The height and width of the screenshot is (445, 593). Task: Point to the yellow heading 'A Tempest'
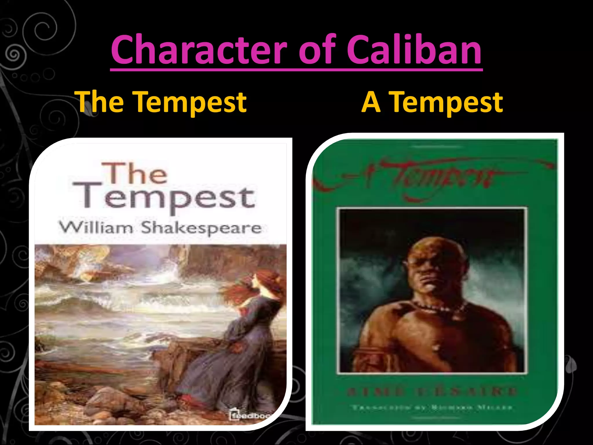tap(432, 102)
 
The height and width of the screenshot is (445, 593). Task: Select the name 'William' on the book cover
tap(96, 227)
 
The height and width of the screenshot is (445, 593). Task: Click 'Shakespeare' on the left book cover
tap(201, 228)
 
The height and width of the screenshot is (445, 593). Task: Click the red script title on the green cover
tap(434, 175)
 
